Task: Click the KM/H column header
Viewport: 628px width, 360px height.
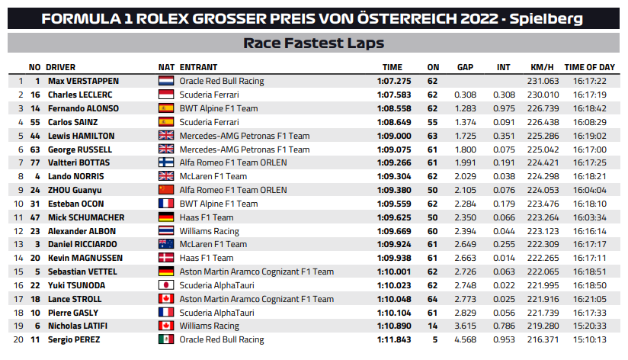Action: click(542, 67)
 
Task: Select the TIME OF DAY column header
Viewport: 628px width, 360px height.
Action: click(590, 67)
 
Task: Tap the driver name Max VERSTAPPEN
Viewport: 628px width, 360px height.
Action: click(83, 81)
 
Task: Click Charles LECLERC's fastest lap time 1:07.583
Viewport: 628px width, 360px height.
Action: click(394, 95)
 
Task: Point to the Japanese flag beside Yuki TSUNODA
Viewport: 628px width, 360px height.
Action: click(166, 285)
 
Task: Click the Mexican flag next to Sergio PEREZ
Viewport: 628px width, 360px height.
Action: click(166, 339)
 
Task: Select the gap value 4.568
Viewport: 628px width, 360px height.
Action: click(465, 339)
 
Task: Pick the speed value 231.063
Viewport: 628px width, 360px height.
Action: click(543, 81)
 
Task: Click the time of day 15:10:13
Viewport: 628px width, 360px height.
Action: click(590, 339)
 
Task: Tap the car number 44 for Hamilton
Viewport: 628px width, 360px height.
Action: click(35, 136)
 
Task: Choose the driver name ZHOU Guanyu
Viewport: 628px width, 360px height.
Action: click(75, 190)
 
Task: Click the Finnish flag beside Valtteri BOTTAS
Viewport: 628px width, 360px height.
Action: click(166, 162)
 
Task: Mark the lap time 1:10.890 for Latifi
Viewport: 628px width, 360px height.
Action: click(394, 326)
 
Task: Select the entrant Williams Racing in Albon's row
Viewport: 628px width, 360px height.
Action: click(209, 231)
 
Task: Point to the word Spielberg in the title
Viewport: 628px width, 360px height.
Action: click(546, 19)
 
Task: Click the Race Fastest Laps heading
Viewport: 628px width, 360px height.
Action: click(313, 43)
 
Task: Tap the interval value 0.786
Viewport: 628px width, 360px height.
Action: click(504, 326)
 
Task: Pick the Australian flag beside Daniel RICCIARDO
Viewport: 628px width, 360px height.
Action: click(166, 244)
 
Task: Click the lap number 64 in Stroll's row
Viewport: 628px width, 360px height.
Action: click(432, 299)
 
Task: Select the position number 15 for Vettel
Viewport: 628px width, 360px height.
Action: click(18, 272)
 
